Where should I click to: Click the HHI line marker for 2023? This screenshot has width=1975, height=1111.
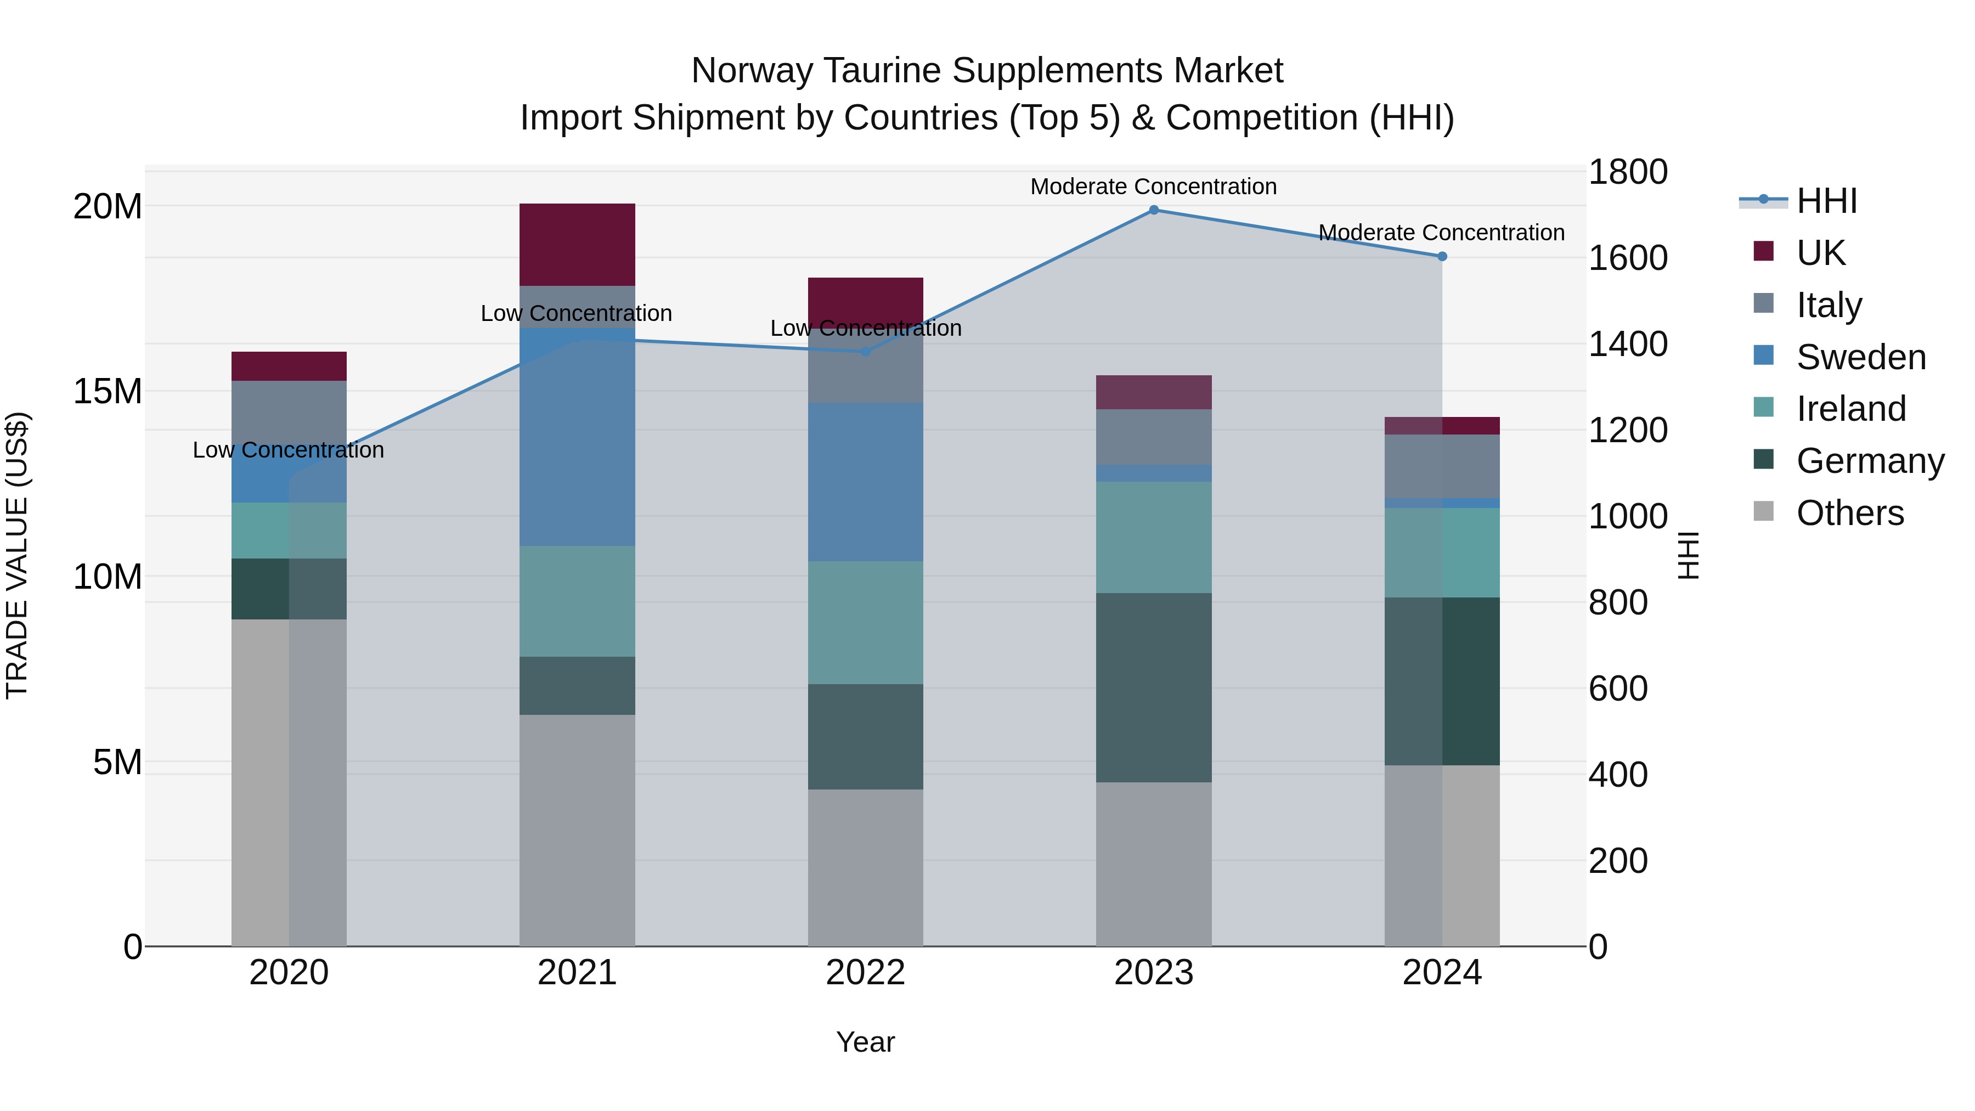click(x=1153, y=210)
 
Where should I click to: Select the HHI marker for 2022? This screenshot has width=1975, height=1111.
click(x=866, y=351)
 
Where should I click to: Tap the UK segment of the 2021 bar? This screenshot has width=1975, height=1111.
click(x=577, y=245)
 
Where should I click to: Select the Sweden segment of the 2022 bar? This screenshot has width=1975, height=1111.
click(x=866, y=482)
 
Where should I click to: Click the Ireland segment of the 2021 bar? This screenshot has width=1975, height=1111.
click(x=577, y=601)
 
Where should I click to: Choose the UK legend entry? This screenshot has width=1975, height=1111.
click(x=1820, y=253)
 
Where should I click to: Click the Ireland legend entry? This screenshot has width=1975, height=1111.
click(x=1850, y=409)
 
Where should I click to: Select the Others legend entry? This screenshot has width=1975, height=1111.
click(x=1849, y=513)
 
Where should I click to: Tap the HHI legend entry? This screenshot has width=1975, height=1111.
click(x=1826, y=201)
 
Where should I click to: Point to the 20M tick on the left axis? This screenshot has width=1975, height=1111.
click(x=108, y=206)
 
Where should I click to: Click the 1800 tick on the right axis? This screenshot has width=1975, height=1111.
click(x=1627, y=172)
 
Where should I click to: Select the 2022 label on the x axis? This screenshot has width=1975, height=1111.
click(x=866, y=973)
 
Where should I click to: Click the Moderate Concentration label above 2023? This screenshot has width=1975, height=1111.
click(x=1153, y=187)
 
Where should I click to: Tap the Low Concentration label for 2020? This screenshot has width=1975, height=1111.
click(x=288, y=450)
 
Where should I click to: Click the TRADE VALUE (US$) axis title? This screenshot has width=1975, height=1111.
click(x=17, y=555)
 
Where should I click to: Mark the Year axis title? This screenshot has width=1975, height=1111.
click(x=866, y=1042)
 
